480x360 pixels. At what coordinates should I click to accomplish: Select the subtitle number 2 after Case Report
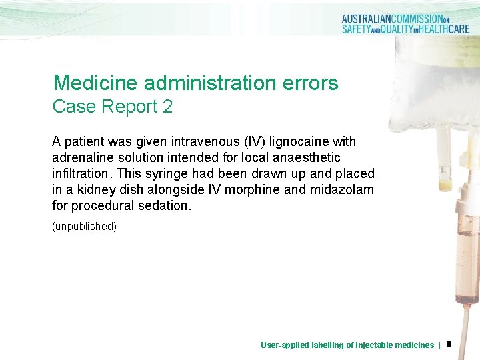167,107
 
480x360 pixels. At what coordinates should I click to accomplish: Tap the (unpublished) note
84,227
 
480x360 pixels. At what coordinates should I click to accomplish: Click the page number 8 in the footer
449,345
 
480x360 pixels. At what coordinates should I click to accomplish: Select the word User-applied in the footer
283,345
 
